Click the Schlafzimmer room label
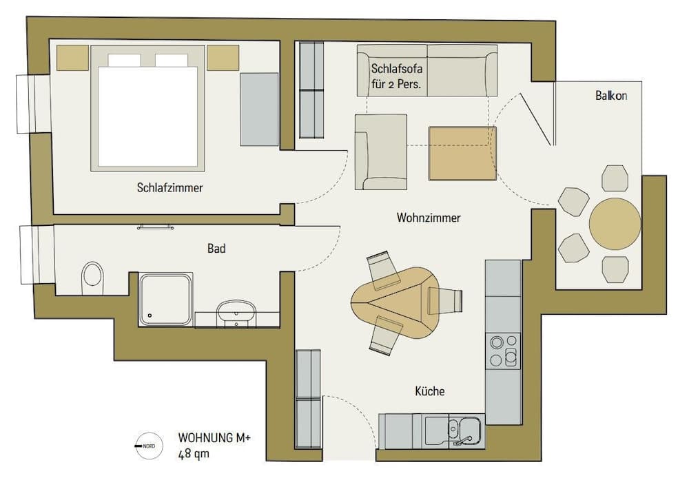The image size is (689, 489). click(169, 187)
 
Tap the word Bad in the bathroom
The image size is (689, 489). click(216, 248)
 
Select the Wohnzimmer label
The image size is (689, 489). click(428, 218)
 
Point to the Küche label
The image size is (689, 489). click(429, 391)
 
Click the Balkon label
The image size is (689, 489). click(611, 96)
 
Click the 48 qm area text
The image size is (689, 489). click(194, 454)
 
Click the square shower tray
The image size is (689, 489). click(165, 299)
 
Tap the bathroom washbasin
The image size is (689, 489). click(236, 313)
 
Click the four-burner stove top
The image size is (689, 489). click(503, 351)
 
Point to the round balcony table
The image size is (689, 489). click(615, 224)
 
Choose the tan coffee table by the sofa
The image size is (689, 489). click(462, 153)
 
